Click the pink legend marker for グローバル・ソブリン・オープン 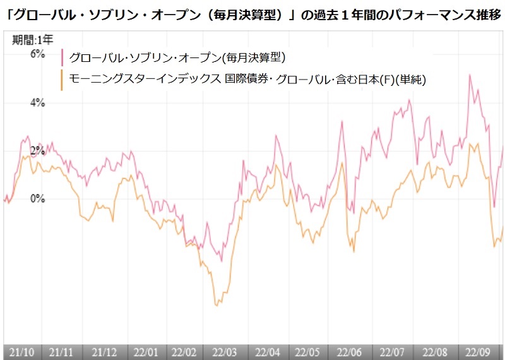click(x=62, y=58)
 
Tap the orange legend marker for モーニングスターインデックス click(x=62, y=80)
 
